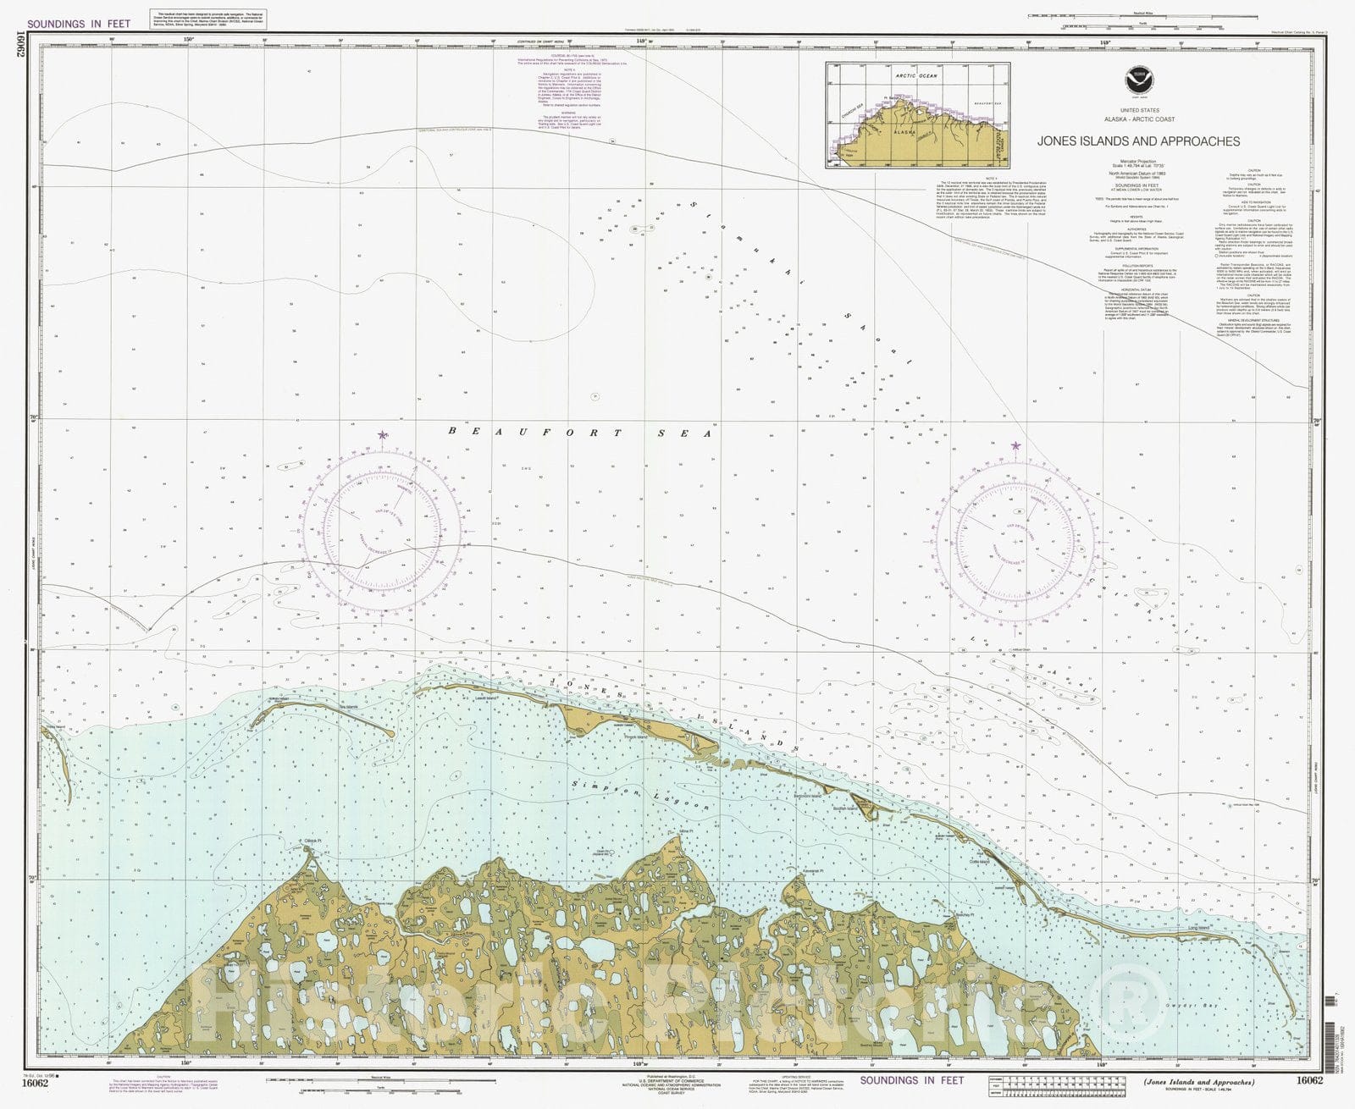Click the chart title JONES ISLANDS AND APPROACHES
(1138, 142)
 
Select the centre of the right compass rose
(1015, 541)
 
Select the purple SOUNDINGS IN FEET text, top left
(79, 24)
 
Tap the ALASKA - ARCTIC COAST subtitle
(1138, 119)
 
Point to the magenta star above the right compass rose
(1016, 445)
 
